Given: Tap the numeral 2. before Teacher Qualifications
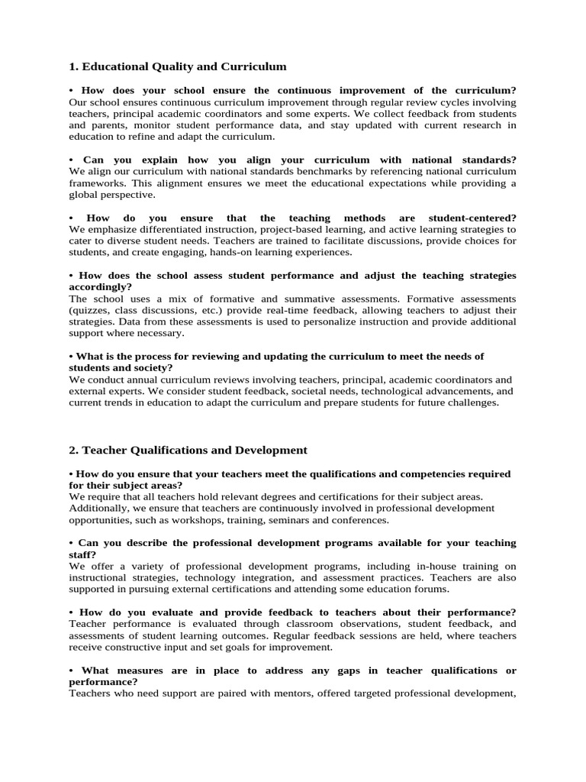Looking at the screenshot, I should point(73,451).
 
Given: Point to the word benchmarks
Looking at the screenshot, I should point(279,171).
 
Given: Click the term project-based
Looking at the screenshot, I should point(295,229).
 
